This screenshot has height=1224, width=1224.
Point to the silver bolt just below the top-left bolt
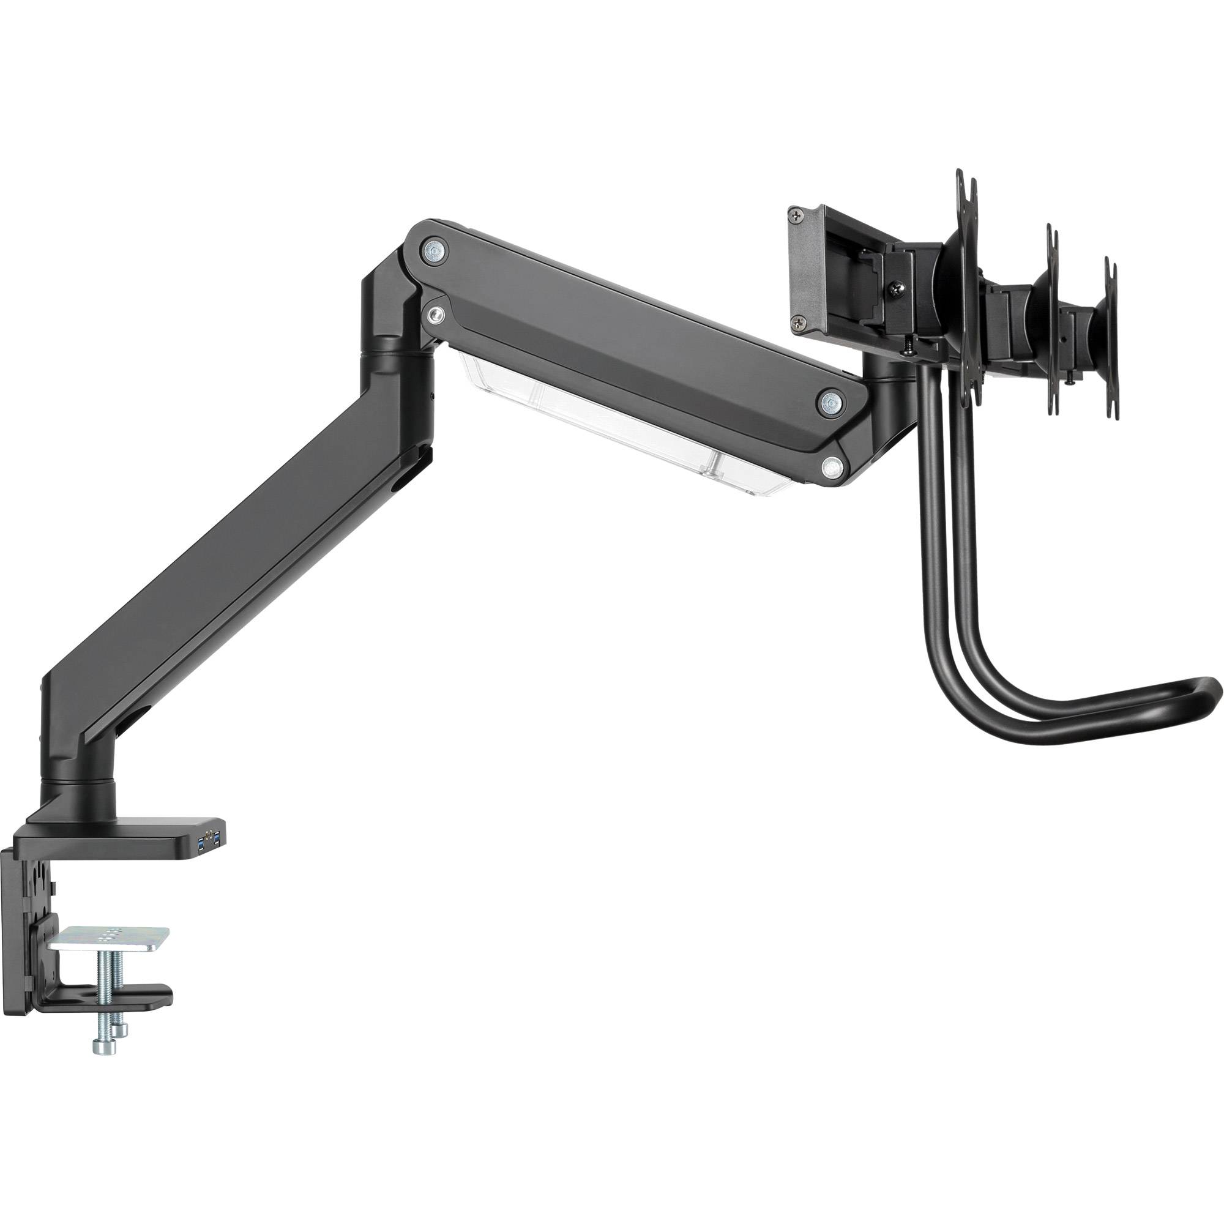pyautogui.click(x=435, y=314)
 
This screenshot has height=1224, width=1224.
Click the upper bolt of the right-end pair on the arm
pyautogui.click(x=829, y=402)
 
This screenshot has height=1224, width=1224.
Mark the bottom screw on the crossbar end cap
pyautogui.click(x=796, y=323)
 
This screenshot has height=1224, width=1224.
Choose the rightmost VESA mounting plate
pyautogui.click(x=1110, y=324)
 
